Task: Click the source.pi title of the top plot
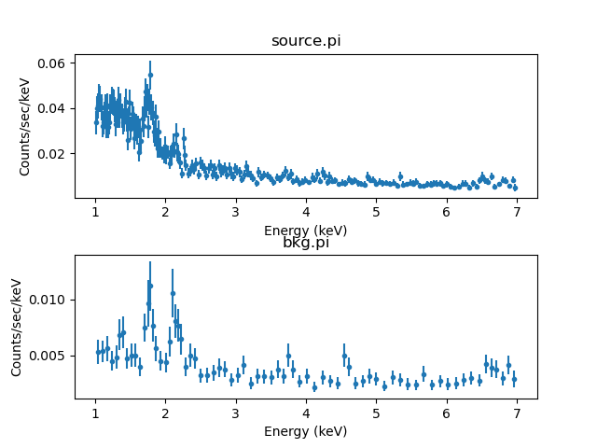[x=305, y=41]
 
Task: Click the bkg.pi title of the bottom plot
[x=305, y=243]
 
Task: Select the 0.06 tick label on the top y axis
[x=49, y=63]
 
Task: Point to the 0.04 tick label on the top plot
[x=49, y=108]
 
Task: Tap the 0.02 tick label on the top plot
[x=49, y=153]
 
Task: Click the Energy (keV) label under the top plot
[x=305, y=230]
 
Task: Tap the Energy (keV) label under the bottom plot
[x=305, y=431]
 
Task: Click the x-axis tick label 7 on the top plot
[x=517, y=212]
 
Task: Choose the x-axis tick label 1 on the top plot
[x=95, y=212]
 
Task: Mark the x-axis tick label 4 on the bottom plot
[x=306, y=413]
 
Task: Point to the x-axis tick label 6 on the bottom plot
[x=447, y=413]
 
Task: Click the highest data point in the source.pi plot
[x=150, y=75]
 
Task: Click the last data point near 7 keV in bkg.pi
[x=514, y=379]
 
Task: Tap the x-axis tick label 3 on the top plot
[x=236, y=212]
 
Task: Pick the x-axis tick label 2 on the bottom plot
[x=165, y=413]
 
